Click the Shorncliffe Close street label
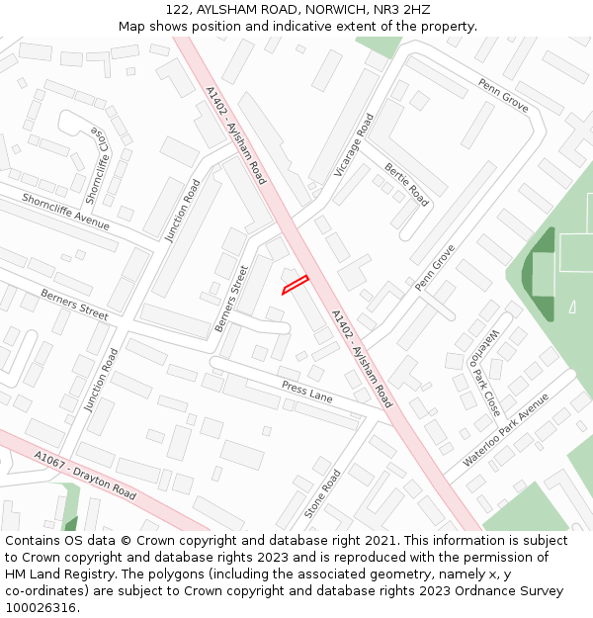98,164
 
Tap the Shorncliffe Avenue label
65,212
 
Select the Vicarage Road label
354,145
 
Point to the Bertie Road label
406,185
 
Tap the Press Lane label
306,392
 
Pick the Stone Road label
322,493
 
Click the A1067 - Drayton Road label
85,474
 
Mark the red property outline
296,284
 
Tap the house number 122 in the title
179,9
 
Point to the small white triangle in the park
572,307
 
